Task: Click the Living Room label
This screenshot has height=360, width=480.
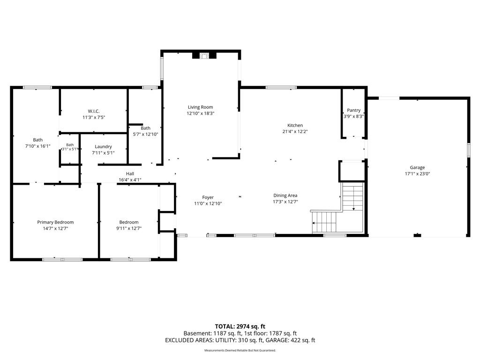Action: tap(200, 107)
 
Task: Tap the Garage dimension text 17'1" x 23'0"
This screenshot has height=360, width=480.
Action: tap(417, 173)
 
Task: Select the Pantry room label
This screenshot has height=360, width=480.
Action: tap(353, 110)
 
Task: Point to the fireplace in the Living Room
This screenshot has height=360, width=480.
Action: tap(204, 56)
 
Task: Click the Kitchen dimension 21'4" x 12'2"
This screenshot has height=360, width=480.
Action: tap(295, 132)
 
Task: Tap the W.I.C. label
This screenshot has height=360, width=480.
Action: tap(94, 111)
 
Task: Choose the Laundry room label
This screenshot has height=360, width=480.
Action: tap(103, 147)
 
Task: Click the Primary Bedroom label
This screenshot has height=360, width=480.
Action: tap(55, 222)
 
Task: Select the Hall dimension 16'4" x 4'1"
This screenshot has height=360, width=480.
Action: tap(130, 180)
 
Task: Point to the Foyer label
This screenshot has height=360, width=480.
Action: tap(208, 197)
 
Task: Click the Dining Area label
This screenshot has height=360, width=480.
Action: tap(285, 195)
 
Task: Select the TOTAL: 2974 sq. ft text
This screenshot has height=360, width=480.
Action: tap(240, 326)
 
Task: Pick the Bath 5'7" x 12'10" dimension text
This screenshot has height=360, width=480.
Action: tap(145, 134)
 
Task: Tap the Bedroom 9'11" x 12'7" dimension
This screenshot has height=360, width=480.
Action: tap(129, 228)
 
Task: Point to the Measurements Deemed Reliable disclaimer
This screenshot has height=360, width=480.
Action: tap(240, 350)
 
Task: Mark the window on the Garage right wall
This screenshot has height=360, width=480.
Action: tap(468, 150)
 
